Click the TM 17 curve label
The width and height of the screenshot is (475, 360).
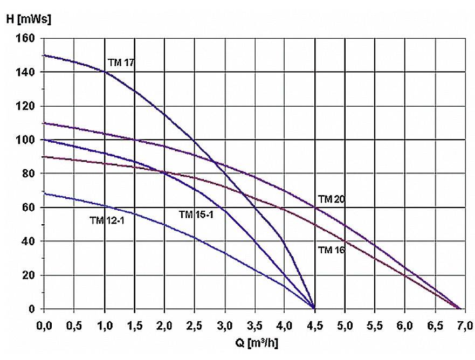click(x=121, y=63)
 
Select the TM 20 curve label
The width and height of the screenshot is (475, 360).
click(x=331, y=199)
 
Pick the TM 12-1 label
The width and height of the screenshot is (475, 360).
click(x=107, y=219)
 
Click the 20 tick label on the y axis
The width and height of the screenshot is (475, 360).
click(x=30, y=275)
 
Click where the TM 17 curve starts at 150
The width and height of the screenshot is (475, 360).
click(x=45, y=55)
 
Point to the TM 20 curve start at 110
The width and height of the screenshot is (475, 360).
click(x=45, y=123)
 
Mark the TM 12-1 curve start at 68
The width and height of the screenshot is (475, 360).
click(x=45, y=194)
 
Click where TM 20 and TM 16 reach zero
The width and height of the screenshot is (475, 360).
click(x=459, y=308)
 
